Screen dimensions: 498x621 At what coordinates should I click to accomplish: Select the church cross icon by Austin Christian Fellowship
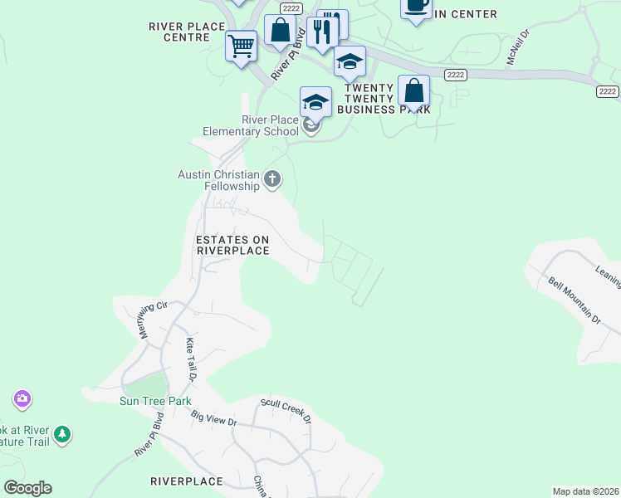(272, 178)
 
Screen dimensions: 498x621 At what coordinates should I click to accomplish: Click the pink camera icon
(22, 399)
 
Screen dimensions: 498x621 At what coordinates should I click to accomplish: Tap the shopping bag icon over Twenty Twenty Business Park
(413, 90)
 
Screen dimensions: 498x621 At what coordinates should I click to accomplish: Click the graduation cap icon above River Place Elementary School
(315, 102)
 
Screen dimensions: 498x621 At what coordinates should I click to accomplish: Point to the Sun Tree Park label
(155, 402)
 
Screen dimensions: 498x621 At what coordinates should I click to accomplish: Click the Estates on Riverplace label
(232, 245)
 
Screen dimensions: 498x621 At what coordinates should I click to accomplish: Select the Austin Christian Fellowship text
(219, 180)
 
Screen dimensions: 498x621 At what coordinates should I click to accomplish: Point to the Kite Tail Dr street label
(190, 359)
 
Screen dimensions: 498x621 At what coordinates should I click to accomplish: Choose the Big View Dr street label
(214, 417)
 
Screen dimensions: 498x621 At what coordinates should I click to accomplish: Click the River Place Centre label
(187, 32)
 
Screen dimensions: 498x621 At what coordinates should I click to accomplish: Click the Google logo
(27, 488)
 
